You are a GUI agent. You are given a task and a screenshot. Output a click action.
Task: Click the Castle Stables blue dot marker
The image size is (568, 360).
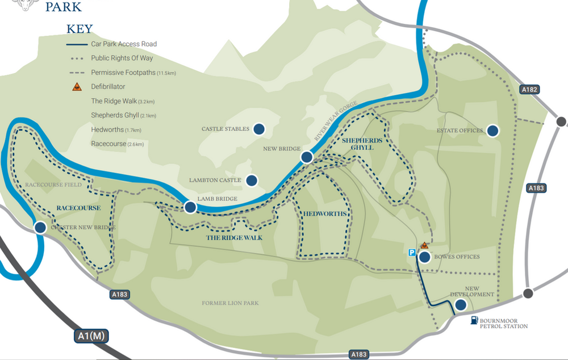click(x=259, y=129)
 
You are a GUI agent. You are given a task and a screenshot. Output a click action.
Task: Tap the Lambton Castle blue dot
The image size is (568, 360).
click(x=252, y=181)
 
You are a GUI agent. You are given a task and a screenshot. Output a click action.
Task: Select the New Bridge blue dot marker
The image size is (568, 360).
click(x=307, y=157)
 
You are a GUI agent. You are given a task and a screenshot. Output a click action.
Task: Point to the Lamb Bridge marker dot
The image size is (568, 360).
click(x=190, y=207)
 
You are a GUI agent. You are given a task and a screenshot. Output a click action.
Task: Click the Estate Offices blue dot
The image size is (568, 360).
click(x=492, y=131)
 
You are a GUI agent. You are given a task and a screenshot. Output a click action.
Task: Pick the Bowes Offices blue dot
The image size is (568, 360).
click(x=424, y=257)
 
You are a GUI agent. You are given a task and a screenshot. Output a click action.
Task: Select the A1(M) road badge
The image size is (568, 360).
click(x=90, y=336)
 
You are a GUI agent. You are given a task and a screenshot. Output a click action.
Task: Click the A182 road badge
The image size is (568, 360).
click(x=529, y=90)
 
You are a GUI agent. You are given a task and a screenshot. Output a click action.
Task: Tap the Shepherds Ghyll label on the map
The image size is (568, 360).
click(x=357, y=143)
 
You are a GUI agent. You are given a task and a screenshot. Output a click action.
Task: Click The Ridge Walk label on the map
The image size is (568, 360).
click(x=235, y=237)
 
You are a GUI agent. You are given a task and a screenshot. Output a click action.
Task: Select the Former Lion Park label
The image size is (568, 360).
click(x=230, y=303)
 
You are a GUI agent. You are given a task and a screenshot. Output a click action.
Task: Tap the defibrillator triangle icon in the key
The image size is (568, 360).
click(x=76, y=87)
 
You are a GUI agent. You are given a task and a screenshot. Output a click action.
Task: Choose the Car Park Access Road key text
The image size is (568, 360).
click(x=124, y=44)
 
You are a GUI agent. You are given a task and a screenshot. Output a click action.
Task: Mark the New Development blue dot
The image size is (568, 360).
click(x=461, y=305)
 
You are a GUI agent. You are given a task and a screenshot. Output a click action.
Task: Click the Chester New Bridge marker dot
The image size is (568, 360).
click(x=40, y=228)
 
